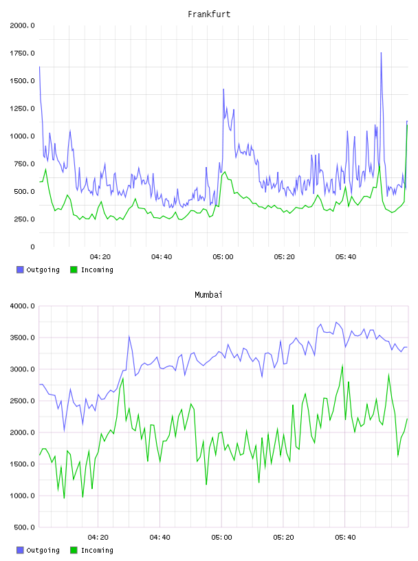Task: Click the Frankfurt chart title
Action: tap(209, 14)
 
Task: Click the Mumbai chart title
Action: tap(208, 295)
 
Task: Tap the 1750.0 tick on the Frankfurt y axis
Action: tap(22, 54)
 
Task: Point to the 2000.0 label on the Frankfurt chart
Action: tap(22, 25)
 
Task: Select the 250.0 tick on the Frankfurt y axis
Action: tap(24, 219)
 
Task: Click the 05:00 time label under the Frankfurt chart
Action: tap(223, 257)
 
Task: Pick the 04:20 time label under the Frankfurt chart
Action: tap(100, 257)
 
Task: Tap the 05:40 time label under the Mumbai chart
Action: tap(345, 538)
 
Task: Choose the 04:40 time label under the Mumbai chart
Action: tap(160, 538)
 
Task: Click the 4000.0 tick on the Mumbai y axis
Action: tap(22, 306)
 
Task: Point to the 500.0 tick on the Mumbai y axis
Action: tap(24, 527)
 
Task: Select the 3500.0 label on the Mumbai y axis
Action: tap(22, 338)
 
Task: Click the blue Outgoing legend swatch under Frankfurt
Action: tap(20, 269)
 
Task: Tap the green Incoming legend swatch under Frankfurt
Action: tap(74, 269)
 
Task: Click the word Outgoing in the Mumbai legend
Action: tap(43, 551)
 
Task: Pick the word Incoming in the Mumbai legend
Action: tap(97, 551)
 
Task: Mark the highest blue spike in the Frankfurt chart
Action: tap(381, 53)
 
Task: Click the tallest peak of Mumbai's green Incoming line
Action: tap(342, 365)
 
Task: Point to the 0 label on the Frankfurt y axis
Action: tap(32, 247)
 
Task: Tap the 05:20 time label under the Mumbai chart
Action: tap(283, 538)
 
